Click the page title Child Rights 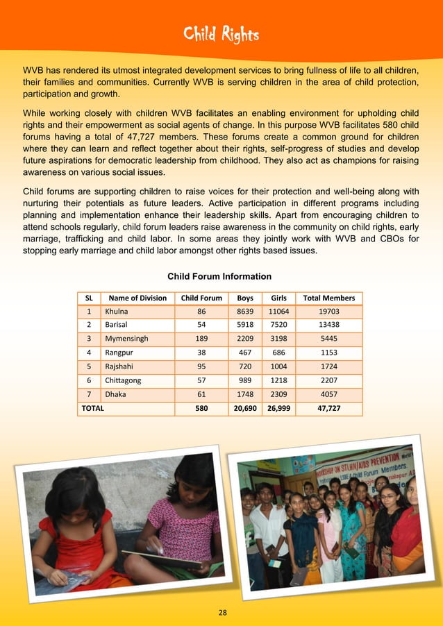pos(221,33)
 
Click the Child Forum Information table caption pos(219,276)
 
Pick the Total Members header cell pos(328,298)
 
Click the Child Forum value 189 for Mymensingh pos(201,339)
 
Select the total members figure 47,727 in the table pos(328,408)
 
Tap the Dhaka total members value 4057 pos(328,394)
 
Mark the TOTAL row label pos(93,408)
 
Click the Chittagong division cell pos(123,380)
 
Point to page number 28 pos(222,612)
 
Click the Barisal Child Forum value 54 pos(201,325)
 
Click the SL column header pos(89,298)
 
